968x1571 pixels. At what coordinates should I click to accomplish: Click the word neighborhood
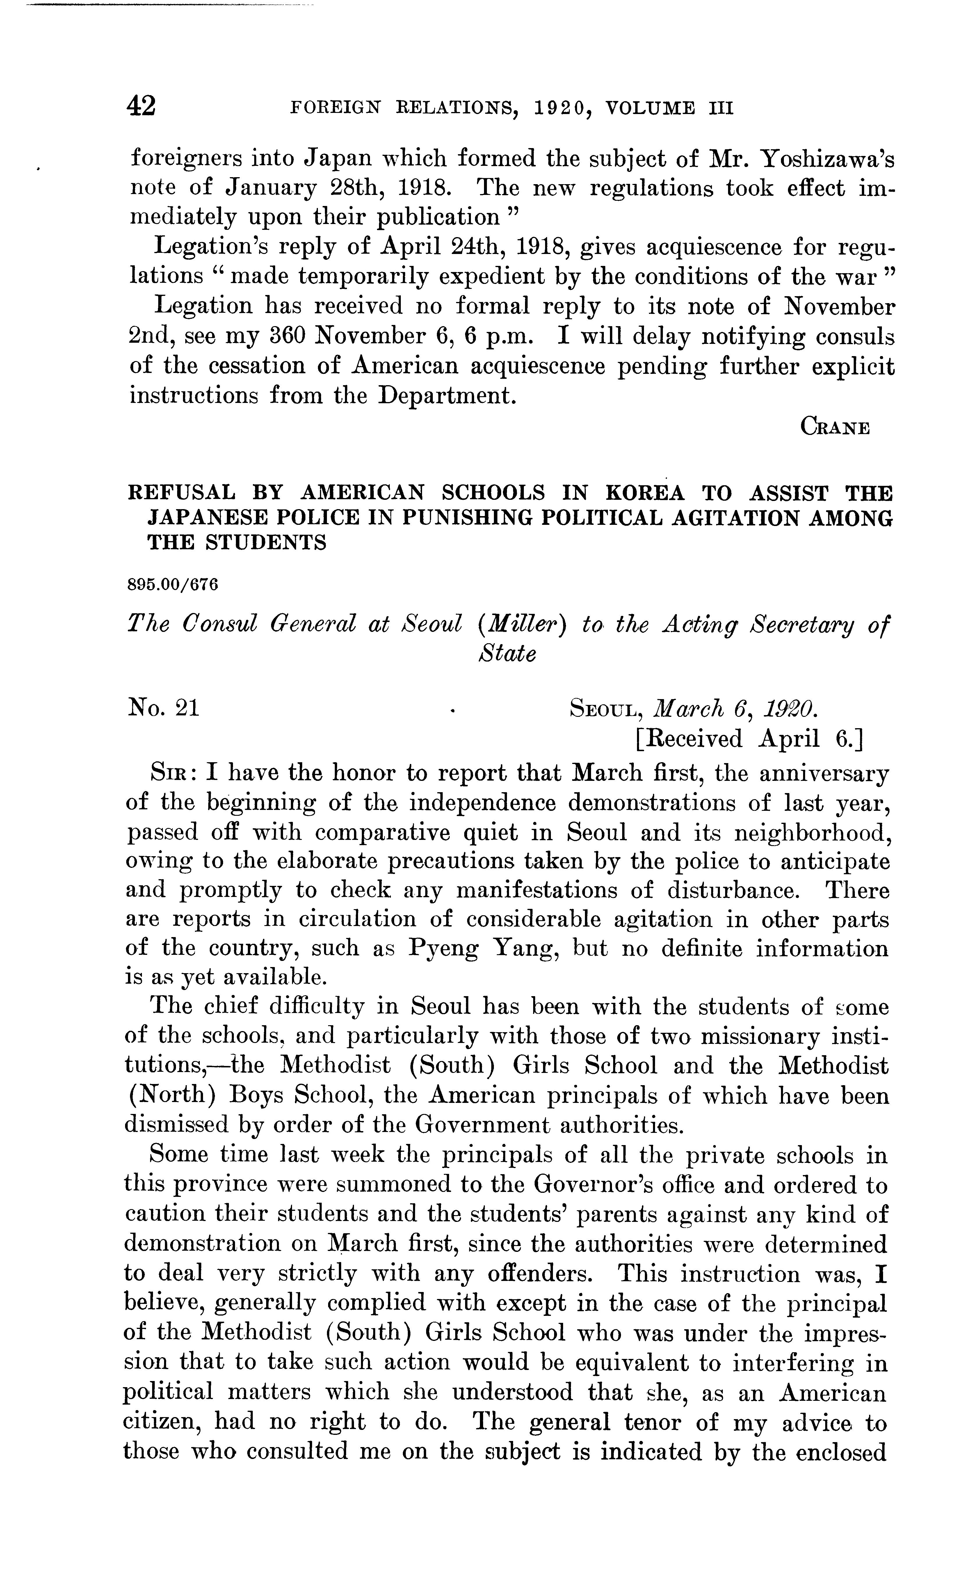812,832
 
